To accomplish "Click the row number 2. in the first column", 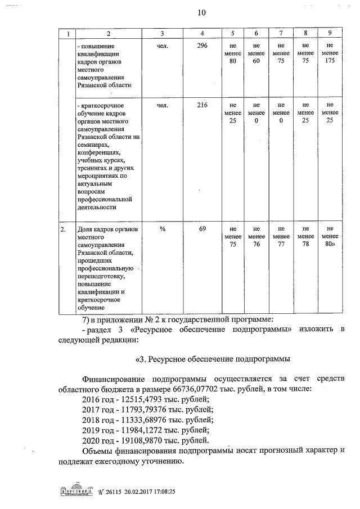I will pos(64,228).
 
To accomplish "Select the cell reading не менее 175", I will pos(329,53).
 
